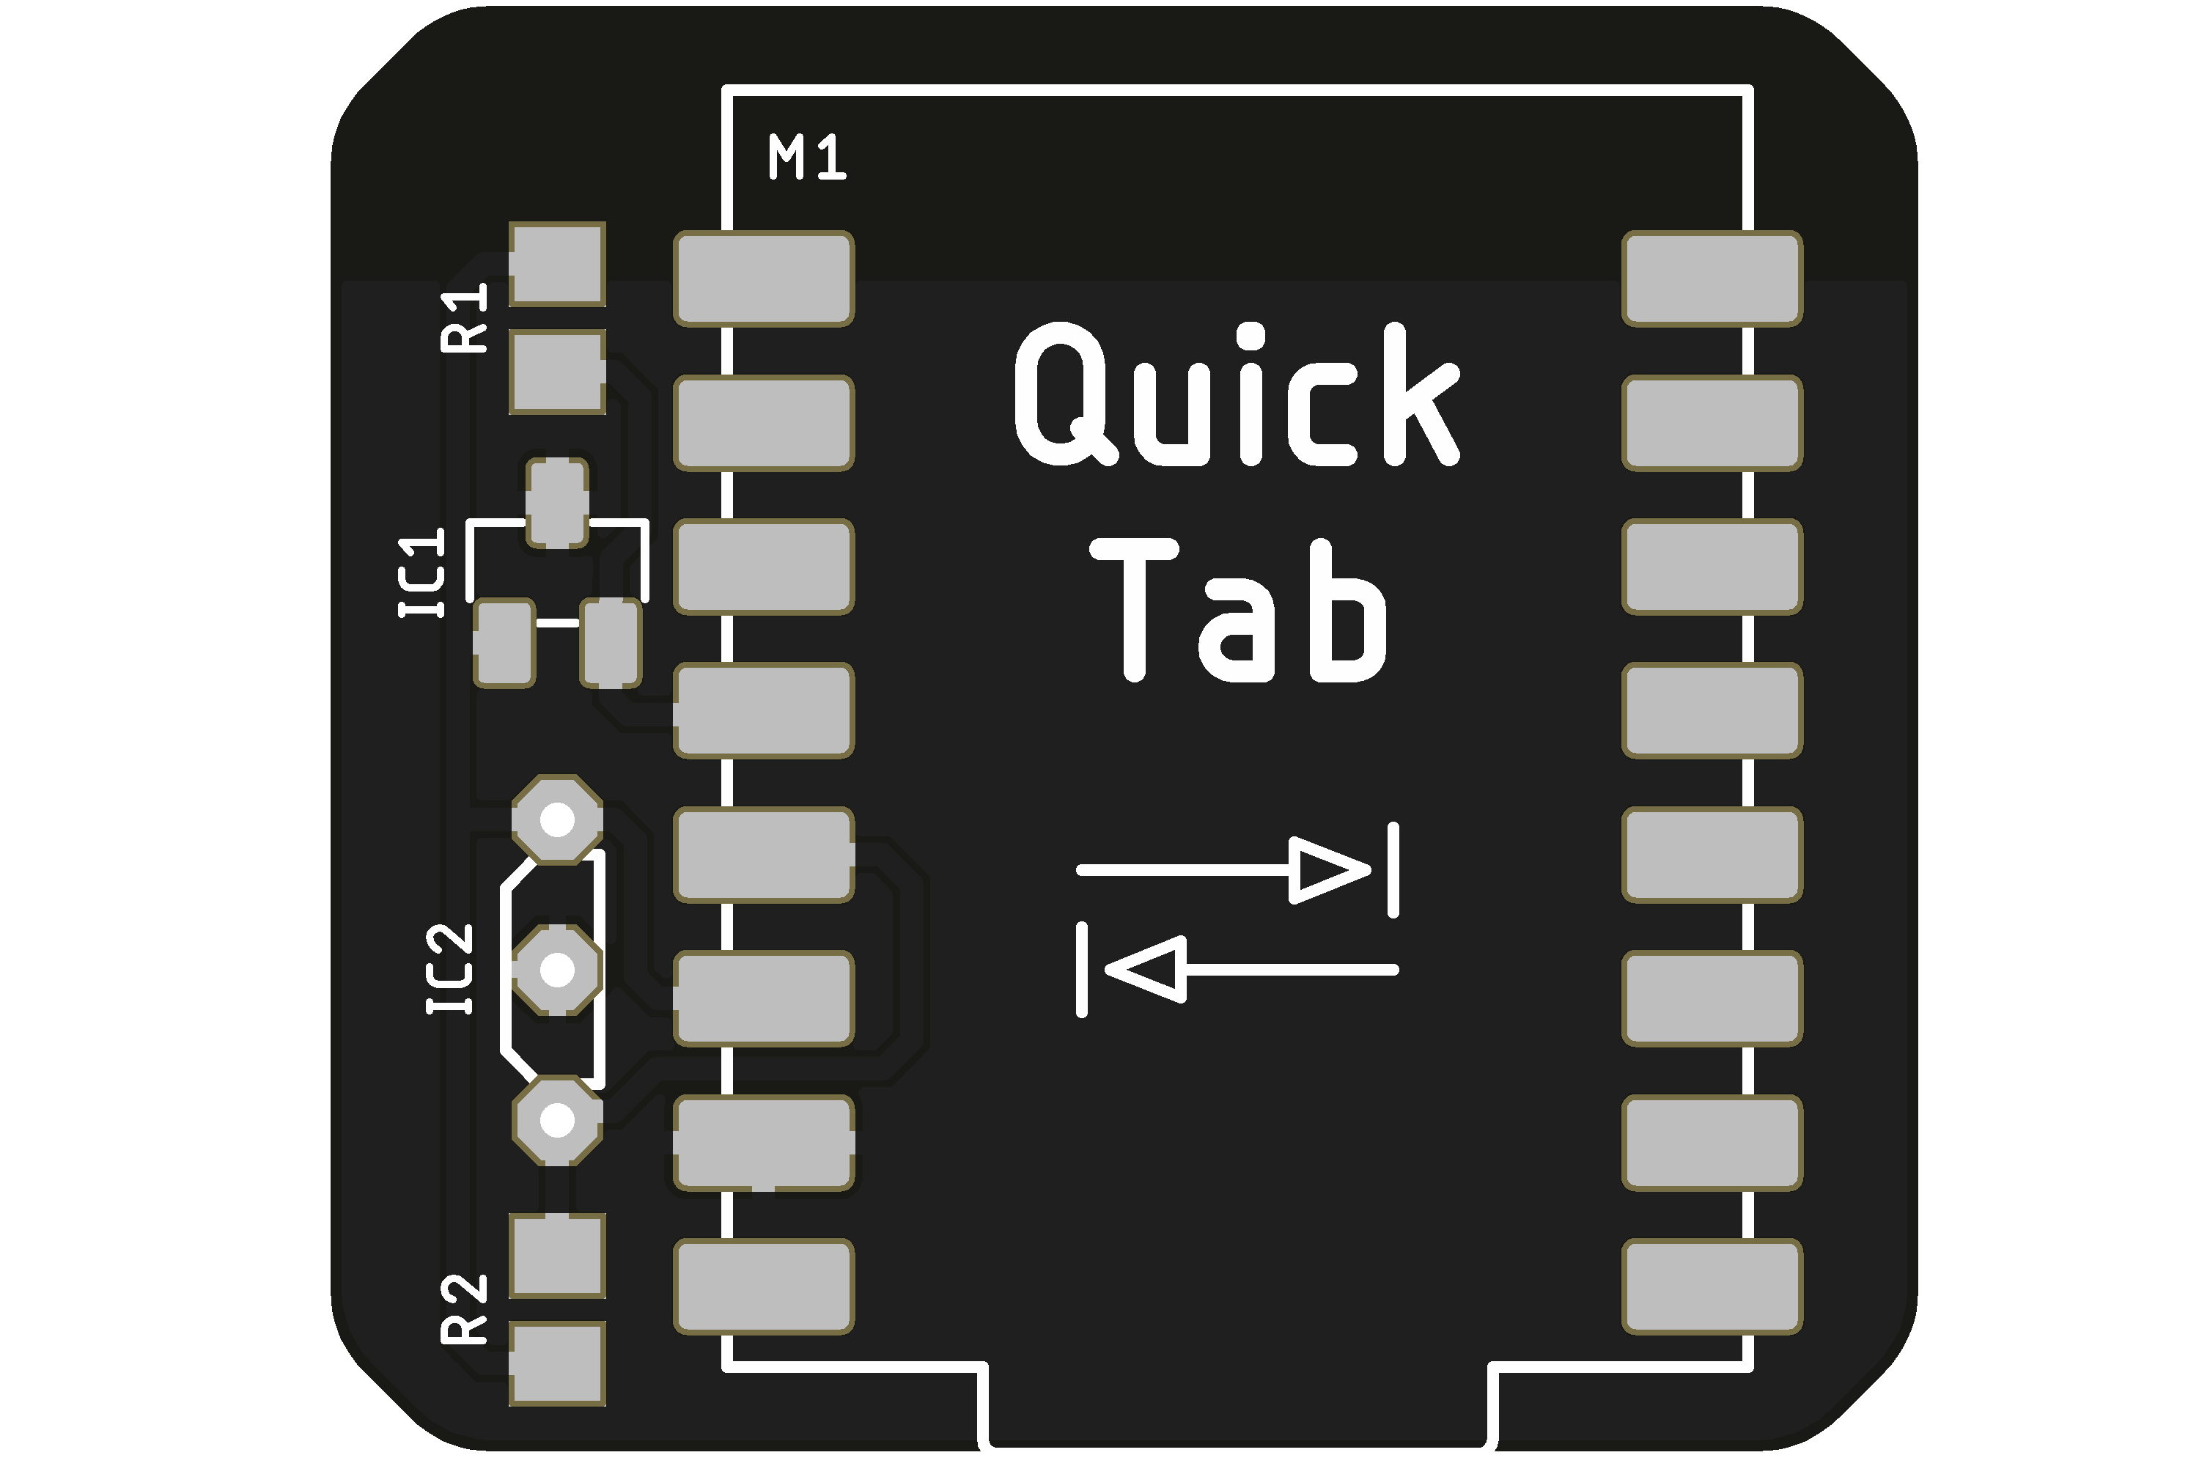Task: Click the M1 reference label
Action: pyautogui.click(x=807, y=157)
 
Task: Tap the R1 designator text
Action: pyautogui.click(x=465, y=318)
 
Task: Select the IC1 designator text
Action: pyautogui.click(x=421, y=572)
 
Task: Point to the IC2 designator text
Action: pyautogui.click(x=451, y=968)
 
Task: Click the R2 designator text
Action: pyautogui.click(x=465, y=1309)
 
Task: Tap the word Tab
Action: pyautogui.click(x=1239, y=611)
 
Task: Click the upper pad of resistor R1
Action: pyautogui.click(x=557, y=265)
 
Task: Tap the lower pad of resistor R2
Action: pyautogui.click(x=557, y=1363)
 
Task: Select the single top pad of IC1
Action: pyautogui.click(x=557, y=503)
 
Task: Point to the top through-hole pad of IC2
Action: pyautogui.click(x=557, y=820)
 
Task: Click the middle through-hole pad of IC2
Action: pyautogui.click(x=557, y=970)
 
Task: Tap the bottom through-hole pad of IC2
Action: pyautogui.click(x=557, y=1119)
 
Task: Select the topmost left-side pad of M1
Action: pyautogui.click(x=764, y=279)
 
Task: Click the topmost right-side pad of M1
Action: pyautogui.click(x=1712, y=279)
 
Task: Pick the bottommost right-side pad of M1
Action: pyautogui.click(x=1712, y=1286)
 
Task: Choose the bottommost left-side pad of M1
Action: pyautogui.click(x=764, y=1286)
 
